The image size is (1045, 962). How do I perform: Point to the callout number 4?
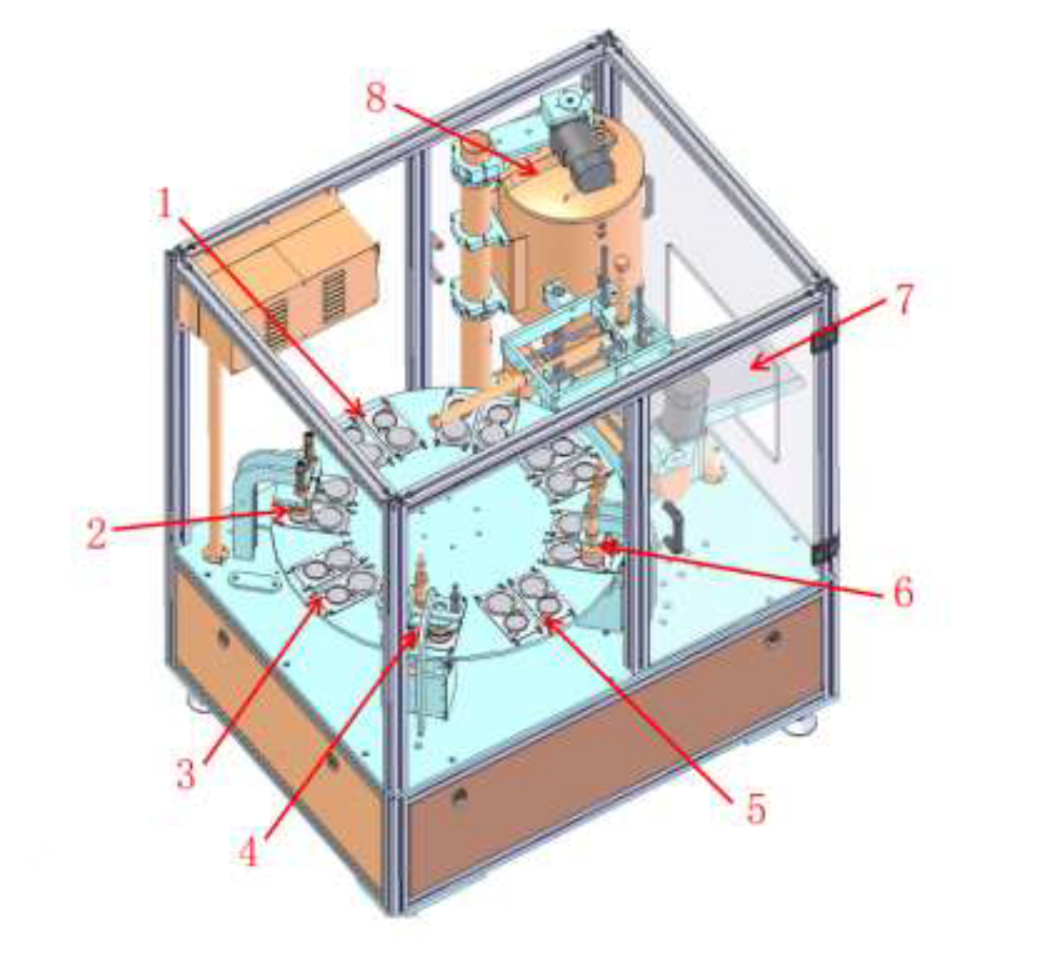249,849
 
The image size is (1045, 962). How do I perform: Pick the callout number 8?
376,97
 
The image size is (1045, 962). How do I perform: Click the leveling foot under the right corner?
799,723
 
